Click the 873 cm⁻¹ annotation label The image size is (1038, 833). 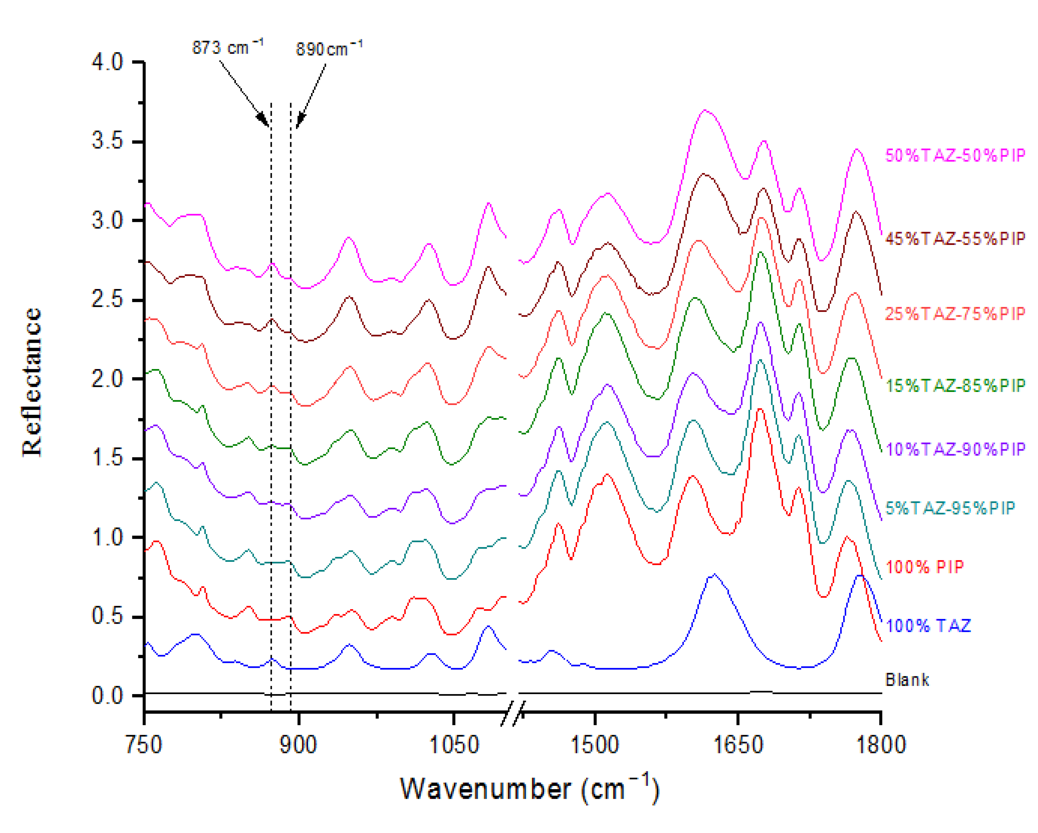[x=227, y=48]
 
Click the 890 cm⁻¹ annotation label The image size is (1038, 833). [x=329, y=49]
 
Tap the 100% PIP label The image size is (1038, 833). [x=924, y=567]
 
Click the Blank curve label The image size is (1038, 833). [x=907, y=679]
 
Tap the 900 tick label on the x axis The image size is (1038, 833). [x=298, y=745]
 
